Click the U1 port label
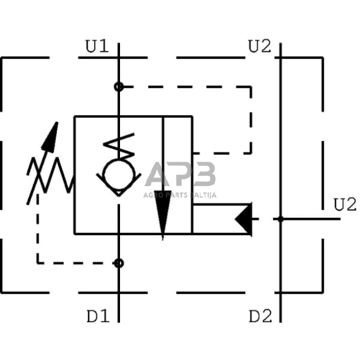coord(97,47)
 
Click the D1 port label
coord(98,317)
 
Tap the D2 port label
coord(260,317)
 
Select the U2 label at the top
coord(259,47)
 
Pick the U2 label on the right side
coord(344,204)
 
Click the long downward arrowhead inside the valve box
coord(162,217)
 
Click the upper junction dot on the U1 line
coord(119,87)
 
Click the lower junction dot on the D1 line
coord(119,263)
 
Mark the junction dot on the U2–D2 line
coord(280,219)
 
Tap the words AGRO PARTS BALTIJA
coord(181,195)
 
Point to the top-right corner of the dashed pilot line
coord(251,87)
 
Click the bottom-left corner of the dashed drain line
coord(38,263)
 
